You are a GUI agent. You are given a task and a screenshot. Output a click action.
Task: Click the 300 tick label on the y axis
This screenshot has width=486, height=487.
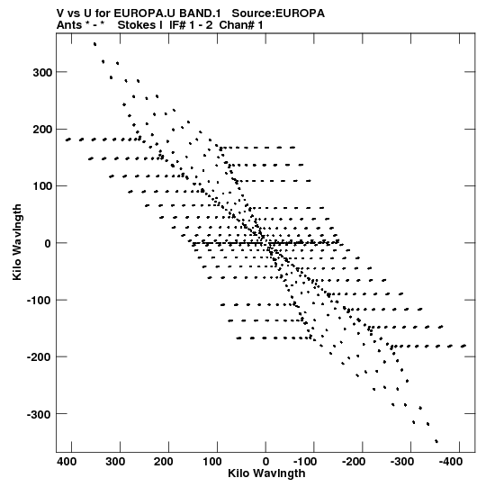click(x=42, y=72)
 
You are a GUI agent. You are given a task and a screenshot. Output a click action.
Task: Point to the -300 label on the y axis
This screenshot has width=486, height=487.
click(x=39, y=414)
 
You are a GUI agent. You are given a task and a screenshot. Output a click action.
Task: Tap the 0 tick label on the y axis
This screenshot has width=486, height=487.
click(x=48, y=243)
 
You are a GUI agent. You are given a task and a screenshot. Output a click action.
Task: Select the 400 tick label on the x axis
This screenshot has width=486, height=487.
click(x=67, y=462)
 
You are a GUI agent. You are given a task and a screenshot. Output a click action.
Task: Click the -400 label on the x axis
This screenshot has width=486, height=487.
click(x=451, y=462)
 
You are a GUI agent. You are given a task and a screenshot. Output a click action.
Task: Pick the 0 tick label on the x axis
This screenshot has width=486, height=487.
click(x=265, y=462)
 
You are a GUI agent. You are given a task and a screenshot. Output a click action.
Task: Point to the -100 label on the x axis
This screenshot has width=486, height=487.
click(x=305, y=462)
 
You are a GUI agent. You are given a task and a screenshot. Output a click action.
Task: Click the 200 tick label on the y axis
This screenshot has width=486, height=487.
click(x=42, y=130)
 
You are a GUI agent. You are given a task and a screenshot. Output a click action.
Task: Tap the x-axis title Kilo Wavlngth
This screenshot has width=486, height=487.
click(x=266, y=473)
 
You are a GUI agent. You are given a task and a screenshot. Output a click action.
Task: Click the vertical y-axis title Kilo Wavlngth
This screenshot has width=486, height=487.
click(x=17, y=242)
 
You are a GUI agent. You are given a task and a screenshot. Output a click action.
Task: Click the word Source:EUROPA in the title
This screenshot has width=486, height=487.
click(x=278, y=14)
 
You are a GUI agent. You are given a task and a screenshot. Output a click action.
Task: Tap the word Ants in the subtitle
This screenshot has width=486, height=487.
click(x=69, y=25)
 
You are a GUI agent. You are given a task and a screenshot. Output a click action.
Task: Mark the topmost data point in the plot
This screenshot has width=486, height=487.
click(x=94, y=44)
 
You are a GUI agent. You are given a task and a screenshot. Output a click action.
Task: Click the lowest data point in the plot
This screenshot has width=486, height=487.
click(x=436, y=441)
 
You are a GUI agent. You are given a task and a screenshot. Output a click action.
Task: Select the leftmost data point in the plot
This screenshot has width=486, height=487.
click(x=67, y=140)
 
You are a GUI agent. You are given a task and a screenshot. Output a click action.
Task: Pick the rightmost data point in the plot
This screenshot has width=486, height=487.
click(x=463, y=346)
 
